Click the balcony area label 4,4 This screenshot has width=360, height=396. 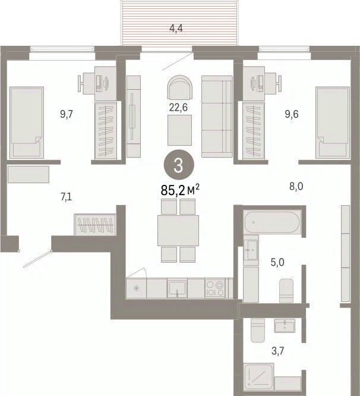(176, 29)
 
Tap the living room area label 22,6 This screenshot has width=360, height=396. (178, 108)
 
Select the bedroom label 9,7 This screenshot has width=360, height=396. (67, 114)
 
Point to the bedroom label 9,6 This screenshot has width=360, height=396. (292, 114)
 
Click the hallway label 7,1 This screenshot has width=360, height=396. (66, 197)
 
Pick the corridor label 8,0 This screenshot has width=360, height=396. (296, 187)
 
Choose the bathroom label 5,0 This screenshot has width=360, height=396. (277, 262)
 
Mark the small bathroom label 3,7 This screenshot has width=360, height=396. (278, 351)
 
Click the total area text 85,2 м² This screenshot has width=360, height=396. (180, 190)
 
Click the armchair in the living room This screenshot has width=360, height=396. (180, 87)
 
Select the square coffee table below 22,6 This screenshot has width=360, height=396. (179, 130)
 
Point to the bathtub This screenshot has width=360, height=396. (272, 222)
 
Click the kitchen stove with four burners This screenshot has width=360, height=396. (215, 288)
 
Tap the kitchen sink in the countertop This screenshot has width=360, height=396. (177, 288)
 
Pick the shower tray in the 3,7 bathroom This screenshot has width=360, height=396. (258, 378)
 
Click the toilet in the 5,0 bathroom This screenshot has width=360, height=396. (286, 291)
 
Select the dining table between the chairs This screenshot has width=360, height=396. (178, 230)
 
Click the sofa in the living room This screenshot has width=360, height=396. (217, 117)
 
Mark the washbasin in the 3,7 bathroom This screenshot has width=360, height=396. (285, 325)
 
